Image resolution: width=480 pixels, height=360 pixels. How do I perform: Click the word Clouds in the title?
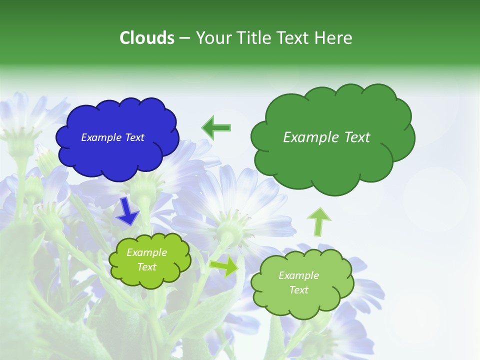pyautogui.click(x=146, y=38)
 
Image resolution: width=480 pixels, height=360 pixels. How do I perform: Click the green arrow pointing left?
pyautogui.click(x=216, y=127)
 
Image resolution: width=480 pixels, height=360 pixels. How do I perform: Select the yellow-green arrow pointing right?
pyautogui.click(x=224, y=266)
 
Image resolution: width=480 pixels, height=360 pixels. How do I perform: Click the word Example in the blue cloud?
pyautogui.click(x=98, y=137)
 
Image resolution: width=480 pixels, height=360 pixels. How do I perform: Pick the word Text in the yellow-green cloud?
pyautogui.click(x=147, y=267)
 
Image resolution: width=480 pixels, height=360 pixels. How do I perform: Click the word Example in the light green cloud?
pyautogui.click(x=298, y=275)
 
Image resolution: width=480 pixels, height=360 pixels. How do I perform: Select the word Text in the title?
pyautogui.click(x=295, y=38)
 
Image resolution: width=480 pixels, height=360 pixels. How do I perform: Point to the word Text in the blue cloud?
pyautogui.click(x=134, y=137)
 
